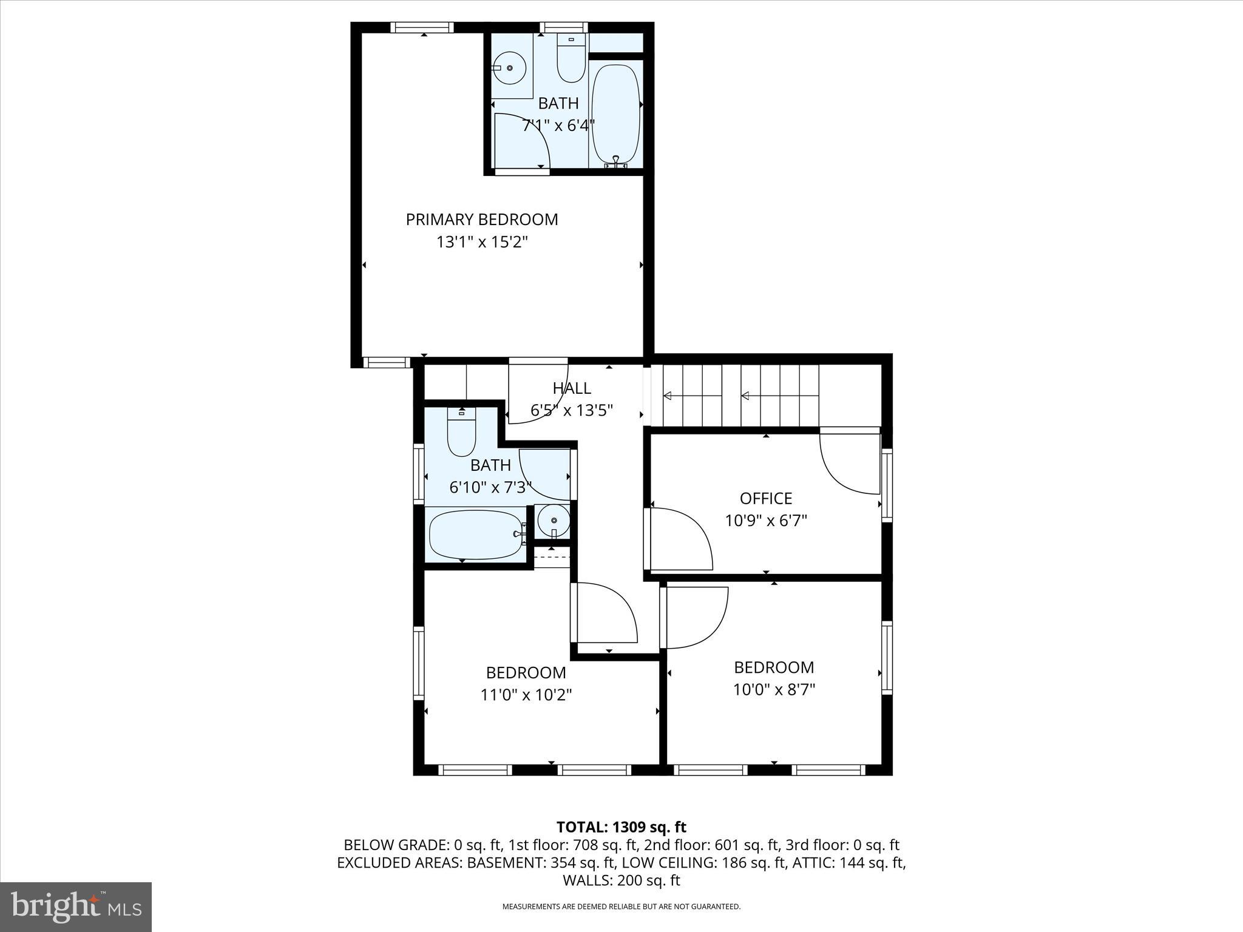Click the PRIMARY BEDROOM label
tap(481, 220)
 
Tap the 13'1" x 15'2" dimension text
tap(481, 242)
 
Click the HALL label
tap(571, 388)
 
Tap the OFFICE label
tap(765, 499)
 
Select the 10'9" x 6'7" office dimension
tap(765, 521)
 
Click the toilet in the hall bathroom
tap(461, 432)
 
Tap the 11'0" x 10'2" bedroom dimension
tap(526, 695)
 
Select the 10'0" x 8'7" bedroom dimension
tap(773, 690)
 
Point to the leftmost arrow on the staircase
tap(667, 396)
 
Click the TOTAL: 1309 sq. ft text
tap(621, 827)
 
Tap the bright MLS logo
tap(76, 907)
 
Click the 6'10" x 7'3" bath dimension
tap(490, 487)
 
